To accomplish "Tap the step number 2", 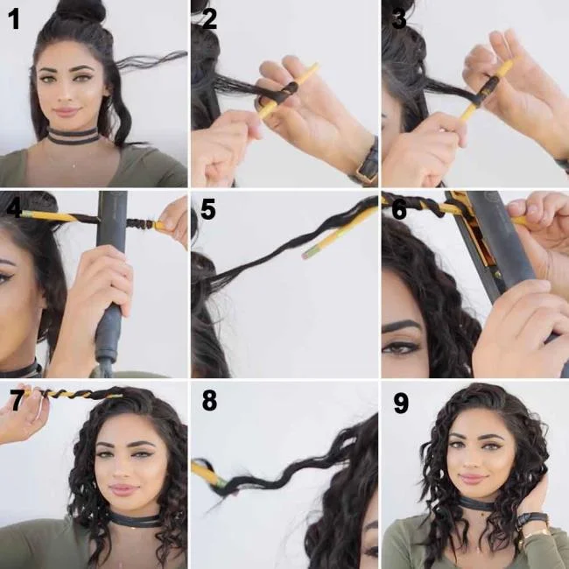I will coord(209,18).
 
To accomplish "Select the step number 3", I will coord(399,18).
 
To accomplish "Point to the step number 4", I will coord(13,208).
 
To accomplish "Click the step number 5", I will coord(208,210).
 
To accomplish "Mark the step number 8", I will coord(209,401).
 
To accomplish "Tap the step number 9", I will coord(400,403).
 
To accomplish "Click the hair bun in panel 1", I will coord(81,11).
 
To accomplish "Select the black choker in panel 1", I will coord(74,137).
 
